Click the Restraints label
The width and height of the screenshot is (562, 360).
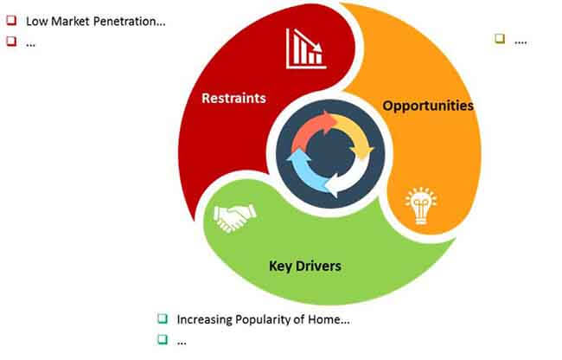[x=233, y=98]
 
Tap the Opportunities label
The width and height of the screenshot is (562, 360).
[x=428, y=106]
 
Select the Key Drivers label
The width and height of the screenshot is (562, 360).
[x=305, y=266]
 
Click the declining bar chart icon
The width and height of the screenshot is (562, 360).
[x=306, y=48]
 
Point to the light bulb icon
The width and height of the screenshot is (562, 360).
[x=421, y=205]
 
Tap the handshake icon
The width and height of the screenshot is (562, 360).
[x=235, y=218]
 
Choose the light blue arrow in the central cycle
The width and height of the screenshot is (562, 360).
[x=304, y=173]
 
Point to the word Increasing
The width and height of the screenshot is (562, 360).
[x=204, y=319]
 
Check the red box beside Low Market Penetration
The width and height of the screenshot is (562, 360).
[x=11, y=20]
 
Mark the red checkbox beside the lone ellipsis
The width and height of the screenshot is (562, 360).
[x=11, y=42]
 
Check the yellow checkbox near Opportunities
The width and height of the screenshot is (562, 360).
[x=500, y=38]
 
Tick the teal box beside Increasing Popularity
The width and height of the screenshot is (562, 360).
[x=163, y=318]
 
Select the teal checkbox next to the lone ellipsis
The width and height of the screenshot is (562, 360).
[x=163, y=339]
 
